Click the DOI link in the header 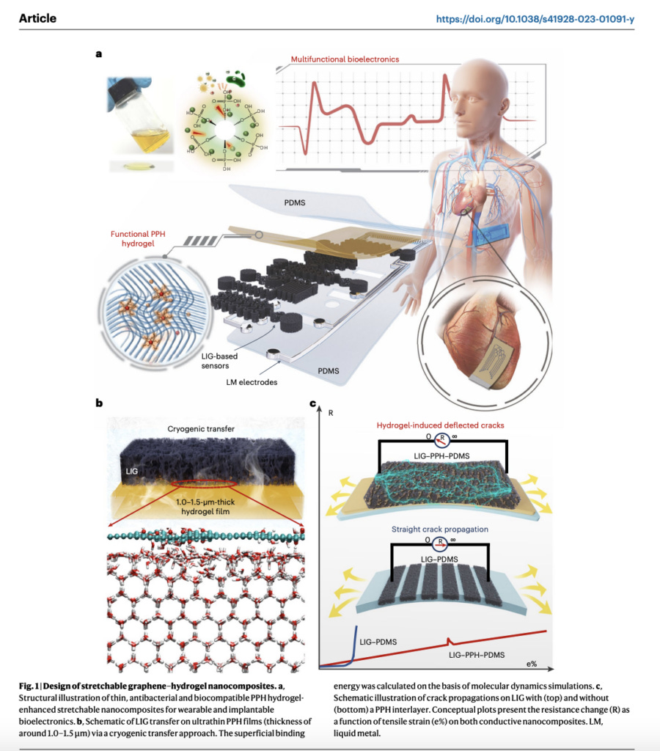[535, 18]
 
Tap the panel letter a [99, 54]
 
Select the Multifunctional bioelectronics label [345, 59]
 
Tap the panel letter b [99, 403]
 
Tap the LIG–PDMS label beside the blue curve [378, 641]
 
